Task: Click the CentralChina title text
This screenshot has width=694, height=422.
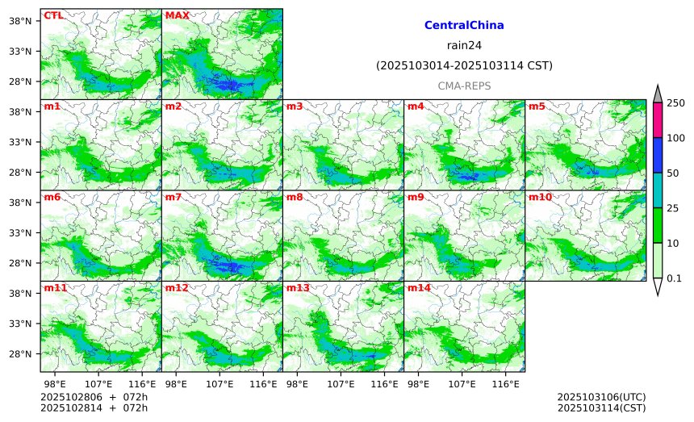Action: click(x=464, y=26)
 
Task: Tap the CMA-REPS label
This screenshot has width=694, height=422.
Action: click(x=464, y=86)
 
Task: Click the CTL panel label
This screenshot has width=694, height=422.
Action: click(x=53, y=15)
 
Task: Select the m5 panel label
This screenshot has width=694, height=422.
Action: click(x=537, y=107)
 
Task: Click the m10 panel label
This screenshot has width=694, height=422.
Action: click(x=540, y=197)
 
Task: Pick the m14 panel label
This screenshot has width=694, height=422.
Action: click(x=419, y=288)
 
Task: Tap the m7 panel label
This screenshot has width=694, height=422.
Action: click(x=173, y=197)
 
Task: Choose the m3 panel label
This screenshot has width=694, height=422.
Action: click(x=295, y=107)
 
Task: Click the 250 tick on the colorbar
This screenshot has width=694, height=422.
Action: click(x=676, y=102)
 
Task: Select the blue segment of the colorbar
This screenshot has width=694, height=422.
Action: click(x=658, y=155)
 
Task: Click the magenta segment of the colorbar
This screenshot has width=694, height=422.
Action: click(x=658, y=119)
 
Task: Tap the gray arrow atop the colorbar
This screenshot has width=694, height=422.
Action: click(x=658, y=94)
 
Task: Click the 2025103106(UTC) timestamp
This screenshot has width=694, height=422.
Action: click(x=601, y=398)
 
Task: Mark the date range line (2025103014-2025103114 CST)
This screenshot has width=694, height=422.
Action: click(x=464, y=66)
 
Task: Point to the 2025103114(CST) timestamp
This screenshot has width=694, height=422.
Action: click(x=601, y=408)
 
